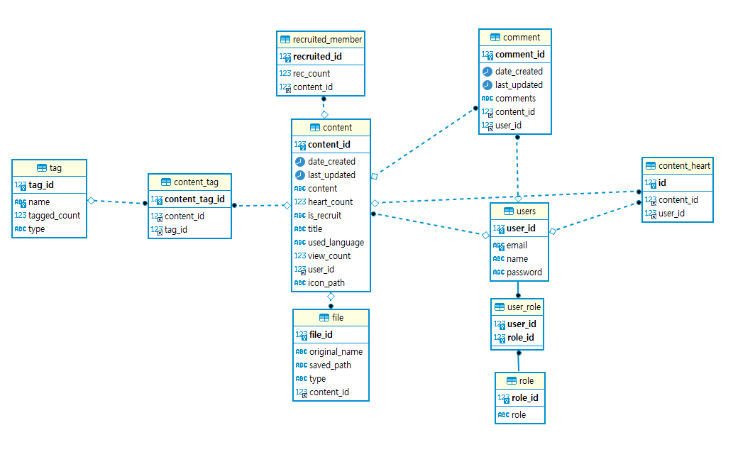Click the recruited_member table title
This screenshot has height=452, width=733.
(327, 39)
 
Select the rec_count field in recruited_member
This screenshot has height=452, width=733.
(312, 73)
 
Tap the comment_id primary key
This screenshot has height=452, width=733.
(519, 54)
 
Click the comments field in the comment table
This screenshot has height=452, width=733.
(515, 99)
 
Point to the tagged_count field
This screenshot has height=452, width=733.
(54, 216)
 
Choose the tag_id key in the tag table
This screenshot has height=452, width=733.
(40, 185)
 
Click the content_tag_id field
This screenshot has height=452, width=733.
(194, 199)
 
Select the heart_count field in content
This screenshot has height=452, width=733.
(330, 202)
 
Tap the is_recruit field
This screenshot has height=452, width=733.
(324, 216)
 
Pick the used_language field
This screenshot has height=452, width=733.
(336, 243)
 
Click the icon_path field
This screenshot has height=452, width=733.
(326, 283)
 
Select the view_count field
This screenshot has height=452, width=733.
(329, 256)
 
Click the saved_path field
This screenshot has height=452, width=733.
(330, 365)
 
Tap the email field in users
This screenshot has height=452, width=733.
(517, 246)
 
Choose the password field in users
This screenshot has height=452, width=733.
(524, 272)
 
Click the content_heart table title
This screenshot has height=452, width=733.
(684, 166)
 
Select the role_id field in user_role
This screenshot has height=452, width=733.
(520, 338)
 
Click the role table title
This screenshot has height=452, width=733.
(526, 381)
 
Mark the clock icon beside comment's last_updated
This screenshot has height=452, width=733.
(487, 85)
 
